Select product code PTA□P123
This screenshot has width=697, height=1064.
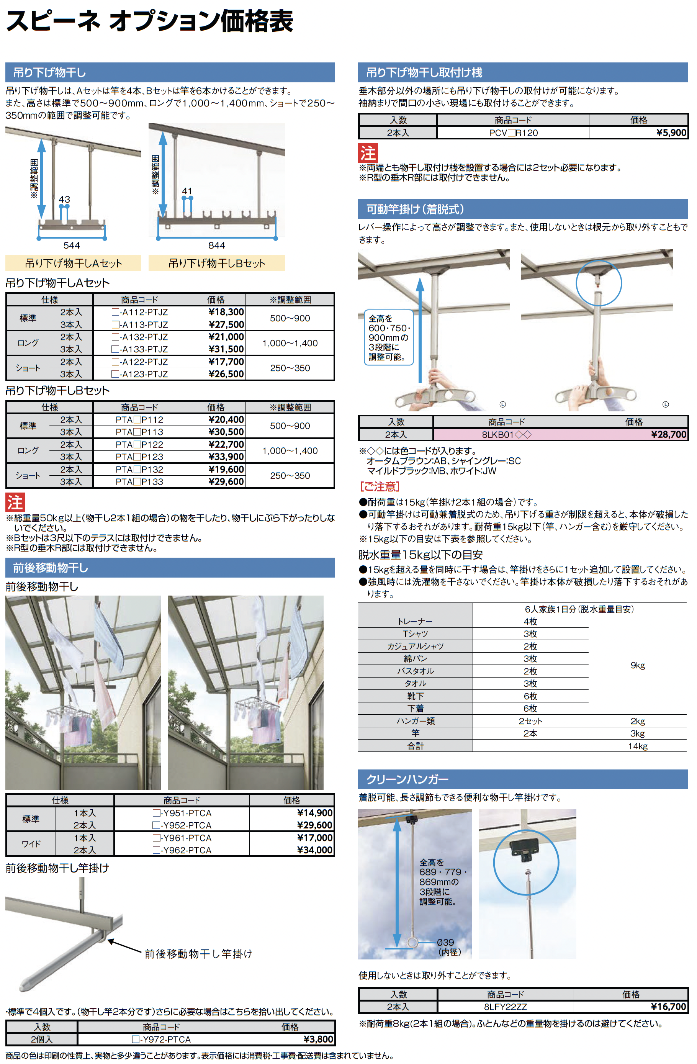tap(139, 457)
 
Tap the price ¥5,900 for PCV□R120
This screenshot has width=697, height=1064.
tap(671, 133)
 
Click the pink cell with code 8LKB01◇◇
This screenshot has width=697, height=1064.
tap(506, 435)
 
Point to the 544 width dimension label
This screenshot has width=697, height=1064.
tap(72, 246)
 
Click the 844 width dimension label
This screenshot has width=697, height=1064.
tap(216, 246)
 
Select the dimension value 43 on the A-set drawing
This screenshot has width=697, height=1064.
tap(64, 200)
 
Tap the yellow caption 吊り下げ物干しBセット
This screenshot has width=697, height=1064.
tap(216, 263)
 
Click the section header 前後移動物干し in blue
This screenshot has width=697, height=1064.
tap(51, 568)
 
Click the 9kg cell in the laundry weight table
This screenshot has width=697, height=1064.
tap(638, 665)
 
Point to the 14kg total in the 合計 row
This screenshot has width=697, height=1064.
tap(638, 746)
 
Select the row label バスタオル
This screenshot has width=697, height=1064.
tap(416, 671)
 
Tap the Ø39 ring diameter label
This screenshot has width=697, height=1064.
tap(445, 942)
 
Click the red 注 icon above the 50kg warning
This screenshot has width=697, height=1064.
tap(15, 502)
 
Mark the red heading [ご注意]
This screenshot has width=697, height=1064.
tap(380, 486)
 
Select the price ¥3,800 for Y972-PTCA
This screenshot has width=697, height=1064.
tap(318, 1039)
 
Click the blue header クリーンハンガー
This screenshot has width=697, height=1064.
tap(407, 779)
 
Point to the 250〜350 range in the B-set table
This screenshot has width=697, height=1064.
tap(290, 476)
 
